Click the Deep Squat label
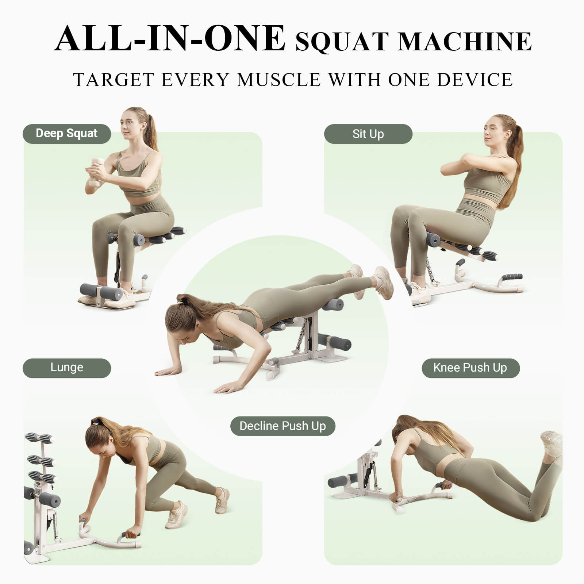pos(67,134)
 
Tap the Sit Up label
pos(368,134)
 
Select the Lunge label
pos(67,368)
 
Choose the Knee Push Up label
pos(470,368)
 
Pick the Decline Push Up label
pos(283,426)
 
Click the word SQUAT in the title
pos(342,42)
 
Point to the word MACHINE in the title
pos(465,42)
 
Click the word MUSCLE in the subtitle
pos(279,80)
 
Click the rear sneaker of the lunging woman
pos(222,500)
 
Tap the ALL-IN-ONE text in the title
pos(170,39)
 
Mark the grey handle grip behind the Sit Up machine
pos(512,277)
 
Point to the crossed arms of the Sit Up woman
pos(474,163)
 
